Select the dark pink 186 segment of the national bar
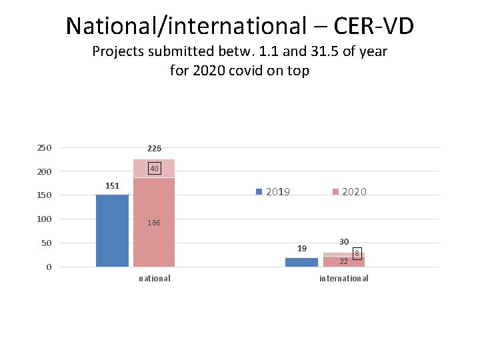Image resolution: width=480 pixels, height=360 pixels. tap(153, 200)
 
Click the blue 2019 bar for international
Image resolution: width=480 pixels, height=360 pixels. tap(301, 262)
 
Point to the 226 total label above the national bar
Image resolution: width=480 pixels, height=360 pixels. tap(154, 148)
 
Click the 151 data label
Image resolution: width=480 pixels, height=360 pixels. tap(112, 185)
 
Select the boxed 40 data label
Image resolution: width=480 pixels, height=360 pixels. tap(154, 169)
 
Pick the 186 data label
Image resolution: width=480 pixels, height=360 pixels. tap(154, 223)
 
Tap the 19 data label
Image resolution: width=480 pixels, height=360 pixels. tap(302, 249)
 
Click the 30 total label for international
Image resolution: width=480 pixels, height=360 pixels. tap(344, 241)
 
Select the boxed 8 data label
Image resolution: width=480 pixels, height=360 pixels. tap(357, 254)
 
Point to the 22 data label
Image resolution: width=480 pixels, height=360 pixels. tap(343, 261)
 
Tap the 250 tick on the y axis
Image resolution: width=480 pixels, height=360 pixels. tap(45, 147)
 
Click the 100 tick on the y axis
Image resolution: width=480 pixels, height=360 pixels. tap(45, 219)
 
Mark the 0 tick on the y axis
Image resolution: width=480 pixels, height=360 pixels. tap(49, 267)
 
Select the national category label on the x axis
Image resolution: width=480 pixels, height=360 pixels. tap(154, 279)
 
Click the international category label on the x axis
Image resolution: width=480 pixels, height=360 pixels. tap(343, 279)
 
